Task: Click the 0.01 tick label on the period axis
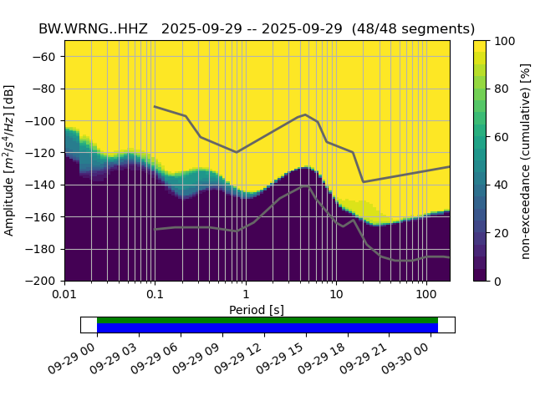coord(64,295)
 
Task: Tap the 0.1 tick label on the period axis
coord(155,295)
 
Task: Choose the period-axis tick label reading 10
coord(335,295)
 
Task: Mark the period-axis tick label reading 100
coord(426,295)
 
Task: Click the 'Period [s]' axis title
coord(257,310)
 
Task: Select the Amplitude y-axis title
coord(9,160)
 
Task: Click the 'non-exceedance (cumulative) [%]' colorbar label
coord(526,160)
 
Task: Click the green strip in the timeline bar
coord(267,320)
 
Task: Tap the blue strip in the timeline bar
coord(267,328)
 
